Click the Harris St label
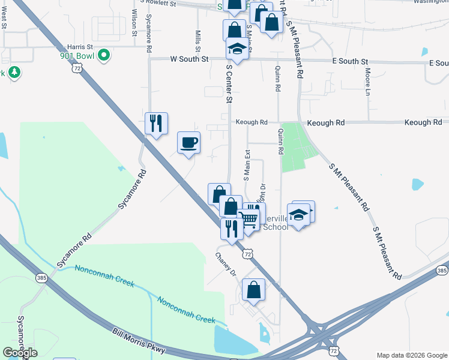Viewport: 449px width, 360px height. [x=80, y=46]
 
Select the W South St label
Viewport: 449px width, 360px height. [x=189, y=59]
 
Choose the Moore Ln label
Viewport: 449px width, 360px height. [x=367, y=82]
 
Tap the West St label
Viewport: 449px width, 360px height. [x=4, y=18]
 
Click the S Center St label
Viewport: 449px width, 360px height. [x=229, y=85]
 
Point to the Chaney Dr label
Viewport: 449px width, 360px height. [x=227, y=264]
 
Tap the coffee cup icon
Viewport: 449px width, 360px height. [x=189, y=143]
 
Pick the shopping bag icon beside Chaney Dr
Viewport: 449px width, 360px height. [x=254, y=290]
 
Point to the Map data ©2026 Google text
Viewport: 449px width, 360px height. [x=411, y=355]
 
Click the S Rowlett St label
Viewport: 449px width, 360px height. [x=158, y=3]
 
